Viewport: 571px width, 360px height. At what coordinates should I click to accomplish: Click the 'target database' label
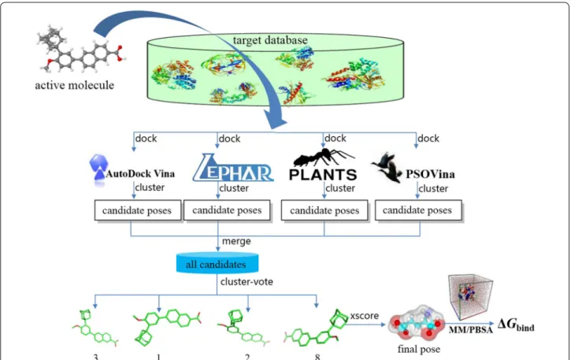click(270, 40)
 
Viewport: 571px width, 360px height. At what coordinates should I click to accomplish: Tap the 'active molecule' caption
click(74, 85)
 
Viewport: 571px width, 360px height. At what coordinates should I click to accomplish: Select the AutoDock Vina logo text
click(140, 173)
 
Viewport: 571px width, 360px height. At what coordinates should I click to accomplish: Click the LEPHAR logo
click(233, 168)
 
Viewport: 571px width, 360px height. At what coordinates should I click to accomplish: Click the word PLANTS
click(323, 175)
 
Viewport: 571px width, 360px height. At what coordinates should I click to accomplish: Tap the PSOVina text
click(430, 174)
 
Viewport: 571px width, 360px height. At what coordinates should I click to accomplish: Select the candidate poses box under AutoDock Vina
click(138, 210)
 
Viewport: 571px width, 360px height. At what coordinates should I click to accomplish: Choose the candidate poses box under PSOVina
click(418, 210)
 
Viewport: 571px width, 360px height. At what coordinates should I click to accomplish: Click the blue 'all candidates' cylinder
click(217, 263)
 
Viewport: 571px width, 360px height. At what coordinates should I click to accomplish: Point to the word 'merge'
click(236, 241)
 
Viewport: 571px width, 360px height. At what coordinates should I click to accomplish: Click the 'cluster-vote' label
click(247, 282)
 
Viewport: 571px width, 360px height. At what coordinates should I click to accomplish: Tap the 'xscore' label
click(365, 316)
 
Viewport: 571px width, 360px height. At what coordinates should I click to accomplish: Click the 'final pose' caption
click(419, 349)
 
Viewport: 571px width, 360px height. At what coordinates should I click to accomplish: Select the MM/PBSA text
click(470, 330)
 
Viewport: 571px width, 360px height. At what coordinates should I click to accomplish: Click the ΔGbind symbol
click(516, 325)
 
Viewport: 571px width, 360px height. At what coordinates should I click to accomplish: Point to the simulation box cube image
click(470, 297)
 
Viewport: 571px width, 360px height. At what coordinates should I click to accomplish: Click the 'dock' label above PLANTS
click(336, 139)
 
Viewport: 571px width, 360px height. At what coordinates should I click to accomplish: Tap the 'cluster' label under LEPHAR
click(234, 188)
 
